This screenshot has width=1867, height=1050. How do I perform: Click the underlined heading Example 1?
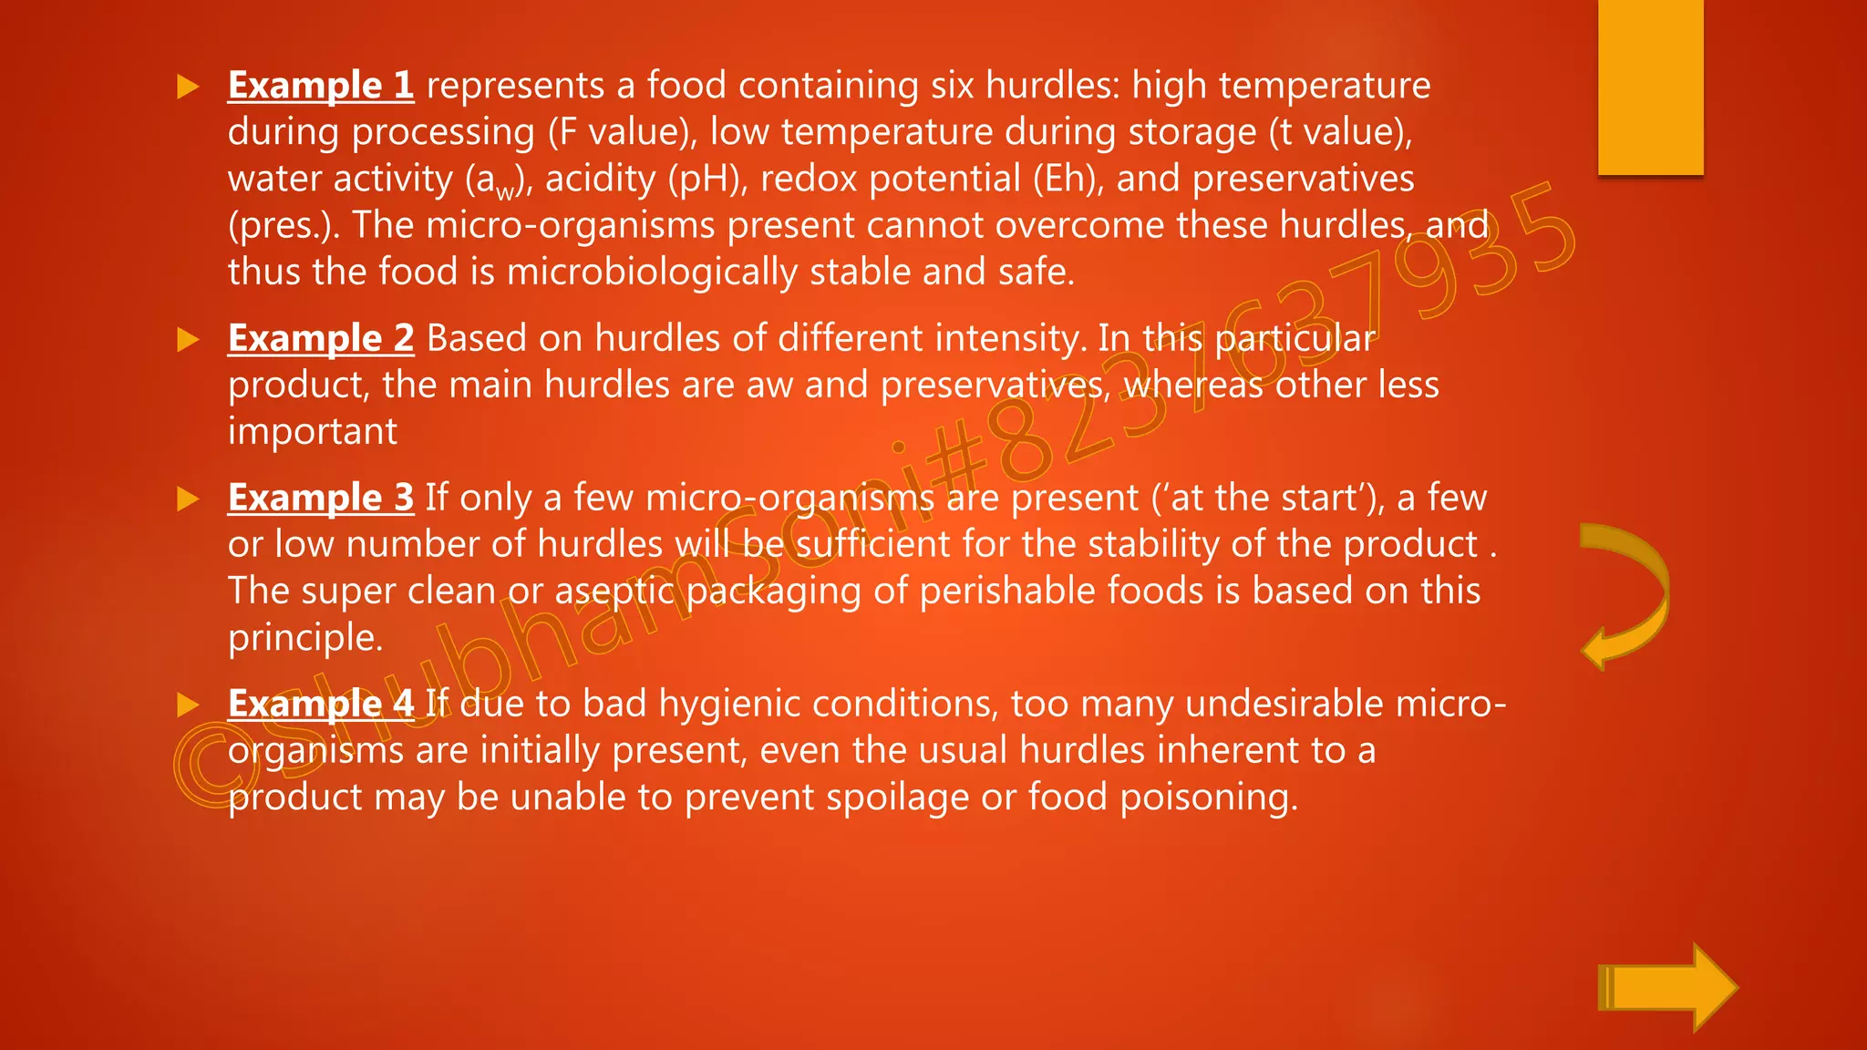[321, 86]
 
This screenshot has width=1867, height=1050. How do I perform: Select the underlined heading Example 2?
[321, 338]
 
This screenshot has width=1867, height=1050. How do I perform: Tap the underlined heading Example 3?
[321, 498]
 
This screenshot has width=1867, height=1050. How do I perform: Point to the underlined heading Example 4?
[321, 704]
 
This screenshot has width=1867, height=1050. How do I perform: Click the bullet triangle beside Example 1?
[188, 87]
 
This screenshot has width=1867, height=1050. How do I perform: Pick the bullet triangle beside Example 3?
[188, 499]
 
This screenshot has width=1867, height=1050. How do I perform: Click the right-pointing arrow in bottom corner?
[1666, 987]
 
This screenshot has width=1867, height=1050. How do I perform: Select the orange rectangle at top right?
[1650, 87]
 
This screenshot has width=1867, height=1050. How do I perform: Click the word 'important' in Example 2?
[313, 431]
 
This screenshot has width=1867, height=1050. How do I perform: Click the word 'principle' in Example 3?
[304, 638]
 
